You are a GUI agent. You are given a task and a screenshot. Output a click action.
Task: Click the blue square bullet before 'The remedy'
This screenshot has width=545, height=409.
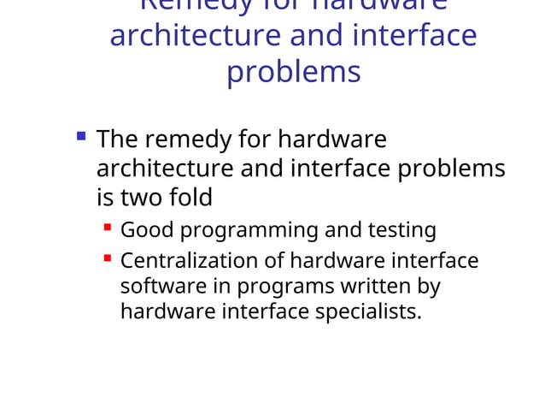point(81,135)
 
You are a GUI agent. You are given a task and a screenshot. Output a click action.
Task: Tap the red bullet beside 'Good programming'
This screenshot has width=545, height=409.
point(108,228)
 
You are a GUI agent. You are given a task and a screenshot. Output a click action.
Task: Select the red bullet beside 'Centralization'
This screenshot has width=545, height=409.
point(108,257)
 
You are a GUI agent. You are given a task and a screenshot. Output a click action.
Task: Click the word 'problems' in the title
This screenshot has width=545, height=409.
point(293,72)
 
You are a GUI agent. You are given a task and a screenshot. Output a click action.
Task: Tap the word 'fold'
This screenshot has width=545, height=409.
point(190,198)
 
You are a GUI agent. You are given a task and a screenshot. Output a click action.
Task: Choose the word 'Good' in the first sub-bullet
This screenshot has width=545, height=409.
point(147,230)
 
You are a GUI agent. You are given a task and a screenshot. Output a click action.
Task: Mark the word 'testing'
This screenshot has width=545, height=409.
point(401,230)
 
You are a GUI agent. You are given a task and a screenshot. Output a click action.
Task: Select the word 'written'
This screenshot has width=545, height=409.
point(372,285)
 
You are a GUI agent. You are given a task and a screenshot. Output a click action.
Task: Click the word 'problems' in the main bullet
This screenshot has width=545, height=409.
point(452,169)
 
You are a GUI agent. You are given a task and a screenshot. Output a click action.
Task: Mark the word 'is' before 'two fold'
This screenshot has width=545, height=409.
point(104,198)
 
